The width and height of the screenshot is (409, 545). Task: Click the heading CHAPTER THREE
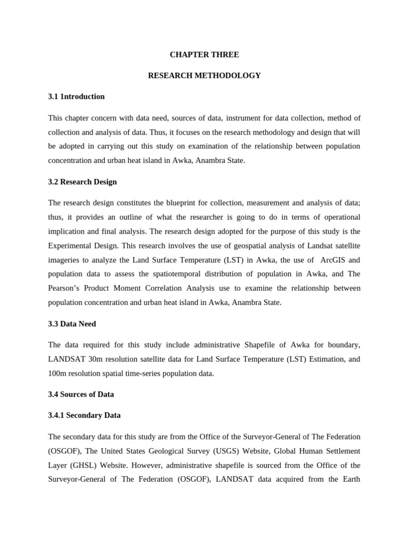click(x=204, y=54)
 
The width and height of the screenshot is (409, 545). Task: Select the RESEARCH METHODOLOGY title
click(x=204, y=76)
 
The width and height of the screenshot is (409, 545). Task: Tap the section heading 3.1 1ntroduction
click(x=76, y=96)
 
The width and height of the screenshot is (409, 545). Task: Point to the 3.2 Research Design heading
click(x=82, y=181)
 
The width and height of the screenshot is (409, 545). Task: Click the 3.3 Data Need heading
click(x=72, y=324)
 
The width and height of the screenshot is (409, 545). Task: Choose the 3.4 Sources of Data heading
click(x=81, y=394)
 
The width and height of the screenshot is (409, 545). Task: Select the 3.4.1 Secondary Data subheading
click(x=84, y=415)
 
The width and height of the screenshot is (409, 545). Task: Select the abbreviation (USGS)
click(x=224, y=450)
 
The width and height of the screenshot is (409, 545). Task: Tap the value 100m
click(x=58, y=373)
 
